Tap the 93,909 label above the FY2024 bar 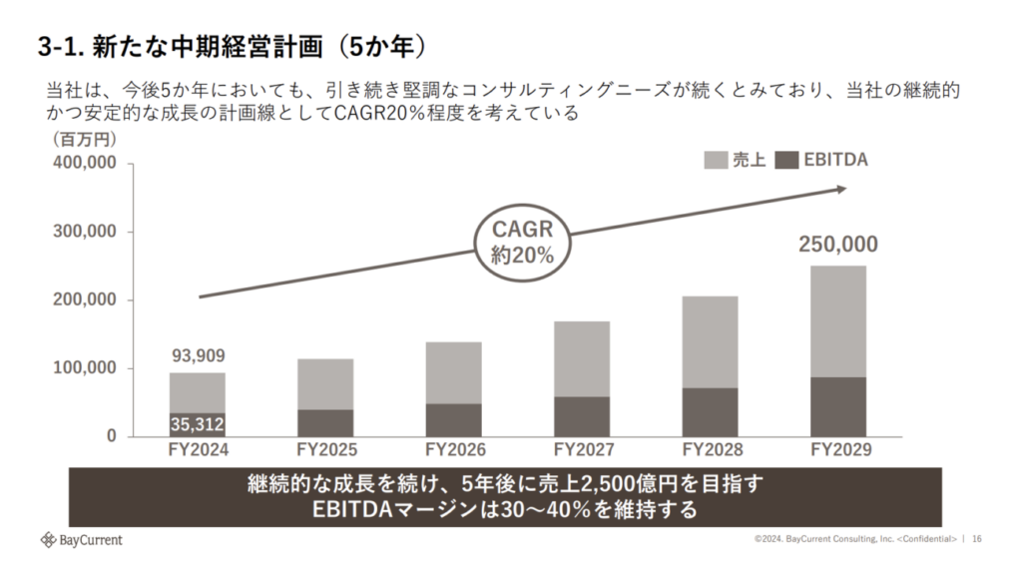click(x=197, y=355)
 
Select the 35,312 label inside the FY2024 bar click(x=197, y=424)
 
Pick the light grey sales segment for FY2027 click(x=581, y=358)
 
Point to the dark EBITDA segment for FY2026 click(x=453, y=419)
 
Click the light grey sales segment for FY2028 click(x=709, y=341)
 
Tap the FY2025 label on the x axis click(x=325, y=450)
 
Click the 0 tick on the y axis click(x=112, y=437)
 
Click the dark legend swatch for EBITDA click(x=787, y=160)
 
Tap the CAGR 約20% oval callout click(x=521, y=242)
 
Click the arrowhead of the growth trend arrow click(x=841, y=188)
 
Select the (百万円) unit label click(x=84, y=141)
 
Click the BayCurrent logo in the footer click(x=81, y=540)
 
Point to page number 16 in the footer click(x=976, y=539)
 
